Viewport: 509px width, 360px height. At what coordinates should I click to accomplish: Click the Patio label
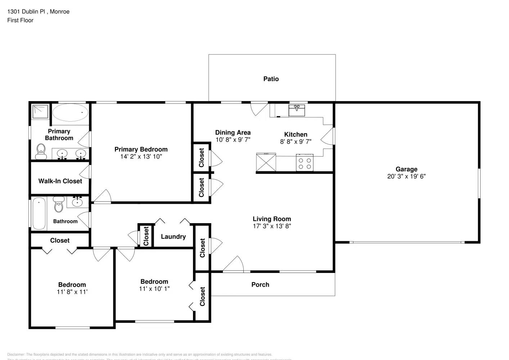[x=271, y=79]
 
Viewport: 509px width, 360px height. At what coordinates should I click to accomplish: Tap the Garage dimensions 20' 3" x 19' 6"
[x=406, y=176]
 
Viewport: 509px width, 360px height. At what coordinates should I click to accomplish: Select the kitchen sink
[x=297, y=110]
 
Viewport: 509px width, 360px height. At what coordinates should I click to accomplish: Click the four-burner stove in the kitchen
[x=305, y=162]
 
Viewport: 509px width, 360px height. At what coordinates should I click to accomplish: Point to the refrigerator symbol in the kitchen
[x=266, y=162]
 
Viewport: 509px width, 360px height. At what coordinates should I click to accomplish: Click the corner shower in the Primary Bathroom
[x=40, y=111]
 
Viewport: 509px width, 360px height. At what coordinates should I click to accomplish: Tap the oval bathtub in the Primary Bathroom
[x=70, y=113]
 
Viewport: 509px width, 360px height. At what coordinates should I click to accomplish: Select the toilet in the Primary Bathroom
[x=41, y=151]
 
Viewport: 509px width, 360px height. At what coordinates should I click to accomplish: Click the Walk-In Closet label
[x=60, y=181]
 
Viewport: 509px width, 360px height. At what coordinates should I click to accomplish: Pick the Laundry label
[x=173, y=237]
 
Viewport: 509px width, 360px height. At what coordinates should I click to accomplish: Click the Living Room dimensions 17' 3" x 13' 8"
[x=272, y=226]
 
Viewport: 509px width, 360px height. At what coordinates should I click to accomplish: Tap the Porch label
[x=260, y=284]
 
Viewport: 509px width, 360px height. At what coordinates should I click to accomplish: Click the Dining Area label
[x=233, y=132]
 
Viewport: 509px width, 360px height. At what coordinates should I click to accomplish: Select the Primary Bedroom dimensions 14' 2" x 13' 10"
[x=141, y=157]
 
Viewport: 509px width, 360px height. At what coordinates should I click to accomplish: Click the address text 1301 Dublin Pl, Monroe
[x=38, y=12]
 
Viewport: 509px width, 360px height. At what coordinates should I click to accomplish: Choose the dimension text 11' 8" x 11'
[x=72, y=292]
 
